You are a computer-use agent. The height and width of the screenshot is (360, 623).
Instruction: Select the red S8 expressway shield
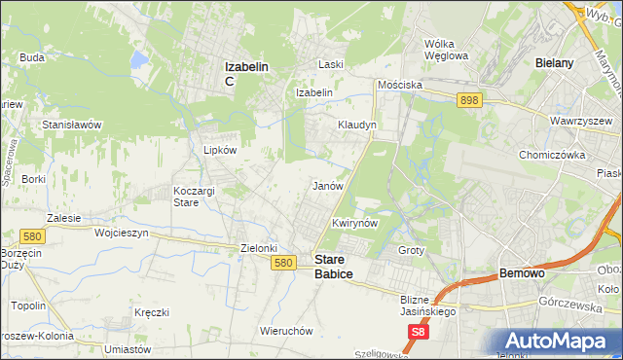coord(417,333)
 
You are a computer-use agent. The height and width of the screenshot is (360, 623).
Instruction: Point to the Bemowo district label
coord(522,274)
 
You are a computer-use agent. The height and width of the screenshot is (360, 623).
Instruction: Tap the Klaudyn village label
coord(356,126)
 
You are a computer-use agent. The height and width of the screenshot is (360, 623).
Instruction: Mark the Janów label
coord(326,185)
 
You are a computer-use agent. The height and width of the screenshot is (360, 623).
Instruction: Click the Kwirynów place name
coord(354,223)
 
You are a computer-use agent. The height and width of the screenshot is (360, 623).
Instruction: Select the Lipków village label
coord(220,151)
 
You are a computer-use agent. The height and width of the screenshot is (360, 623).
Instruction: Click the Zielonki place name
coord(260,248)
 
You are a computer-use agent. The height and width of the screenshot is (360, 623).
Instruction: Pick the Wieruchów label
coord(286,330)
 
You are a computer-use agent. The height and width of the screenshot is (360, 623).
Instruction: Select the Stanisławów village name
coord(72,125)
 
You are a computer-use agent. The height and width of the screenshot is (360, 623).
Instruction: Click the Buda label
coord(32,57)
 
